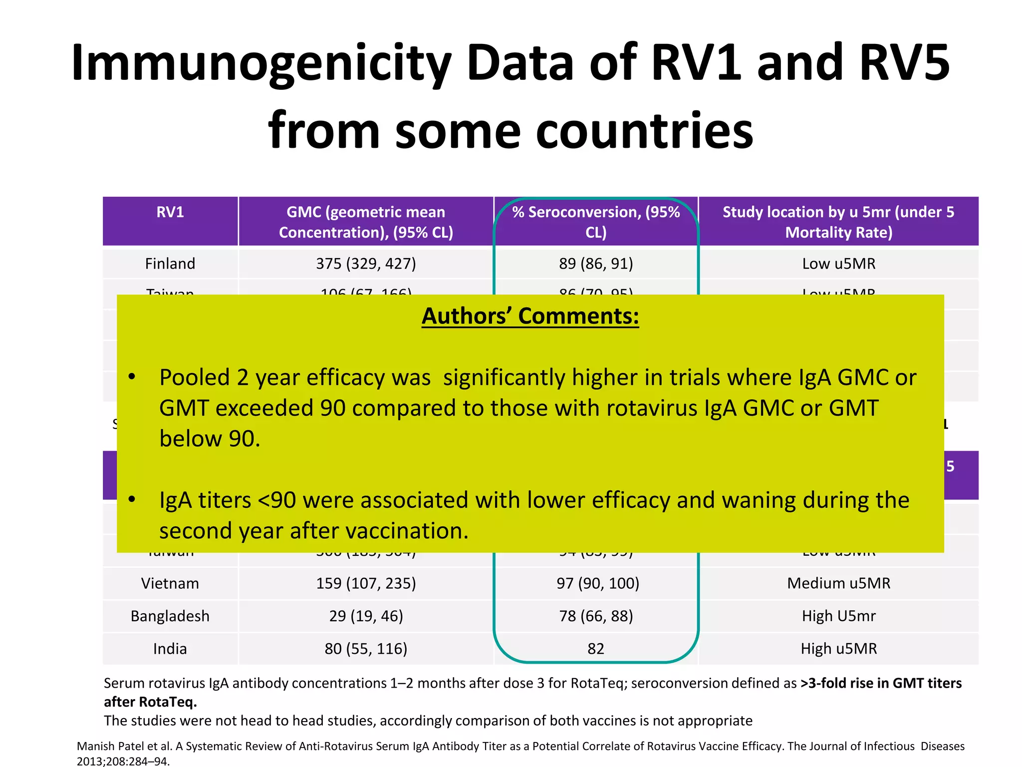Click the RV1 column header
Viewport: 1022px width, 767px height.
click(x=170, y=212)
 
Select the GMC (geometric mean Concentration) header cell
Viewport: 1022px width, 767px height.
click(x=366, y=222)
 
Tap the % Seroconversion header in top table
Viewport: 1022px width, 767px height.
click(x=596, y=222)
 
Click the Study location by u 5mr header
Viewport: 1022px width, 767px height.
click(x=838, y=222)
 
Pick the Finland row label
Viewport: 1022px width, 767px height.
click(x=170, y=264)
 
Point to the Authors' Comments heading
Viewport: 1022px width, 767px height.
click(x=530, y=316)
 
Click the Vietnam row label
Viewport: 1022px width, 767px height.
click(x=170, y=583)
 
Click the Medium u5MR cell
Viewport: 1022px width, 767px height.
click(x=838, y=583)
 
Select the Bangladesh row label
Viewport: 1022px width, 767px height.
click(x=170, y=616)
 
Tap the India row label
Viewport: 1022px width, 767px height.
click(x=170, y=649)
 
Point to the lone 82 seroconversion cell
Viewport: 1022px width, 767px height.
click(x=596, y=649)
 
